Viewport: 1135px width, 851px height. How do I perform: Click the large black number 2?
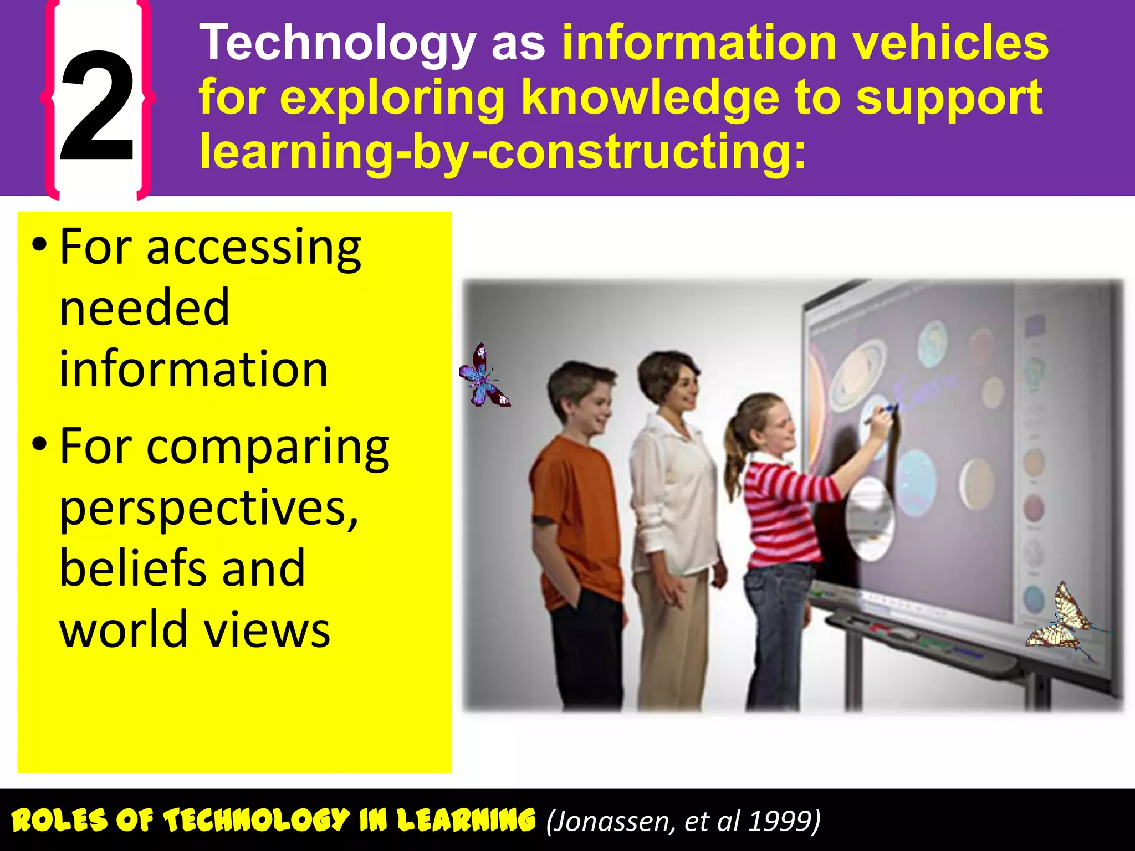pos(98,105)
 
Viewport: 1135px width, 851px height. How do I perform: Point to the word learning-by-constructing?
pos(502,152)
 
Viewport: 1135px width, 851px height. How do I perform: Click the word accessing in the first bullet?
pos(254,248)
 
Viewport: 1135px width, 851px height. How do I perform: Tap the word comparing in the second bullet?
pos(268,447)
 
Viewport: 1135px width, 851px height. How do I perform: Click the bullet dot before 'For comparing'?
pos(39,443)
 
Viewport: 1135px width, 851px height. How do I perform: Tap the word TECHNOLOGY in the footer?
pos(257,820)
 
